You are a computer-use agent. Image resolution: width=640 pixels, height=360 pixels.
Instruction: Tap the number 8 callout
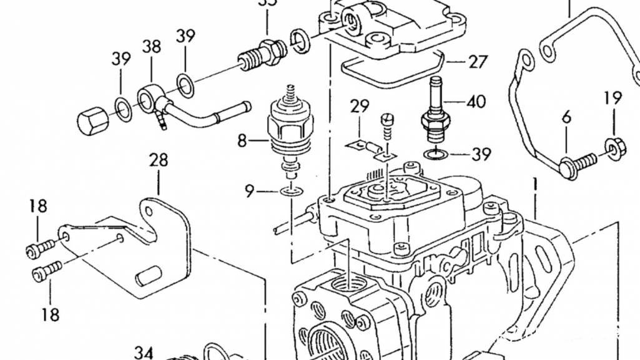tap(242, 141)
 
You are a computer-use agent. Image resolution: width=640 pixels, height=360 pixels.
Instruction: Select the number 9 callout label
tap(249, 192)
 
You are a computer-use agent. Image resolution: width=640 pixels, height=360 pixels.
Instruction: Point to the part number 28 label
tap(159, 160)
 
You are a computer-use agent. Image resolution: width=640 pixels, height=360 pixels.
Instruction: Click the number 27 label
tap(478, 62)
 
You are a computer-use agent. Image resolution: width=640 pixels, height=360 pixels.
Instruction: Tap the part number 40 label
tap(476, 101)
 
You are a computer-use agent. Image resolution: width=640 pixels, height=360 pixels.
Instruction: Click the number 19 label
tap(613, 98)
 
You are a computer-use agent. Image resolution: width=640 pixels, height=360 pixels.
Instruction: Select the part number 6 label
tap(566, 116)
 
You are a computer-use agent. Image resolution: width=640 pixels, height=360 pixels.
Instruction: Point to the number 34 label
tap(144, 353)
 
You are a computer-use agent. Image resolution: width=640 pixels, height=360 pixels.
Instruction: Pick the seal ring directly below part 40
tap(435, 153)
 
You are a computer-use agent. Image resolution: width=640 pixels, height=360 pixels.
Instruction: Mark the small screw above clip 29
tap(387, 125)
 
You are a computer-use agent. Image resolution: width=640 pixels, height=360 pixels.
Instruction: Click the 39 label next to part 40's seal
tap(481, 153)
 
